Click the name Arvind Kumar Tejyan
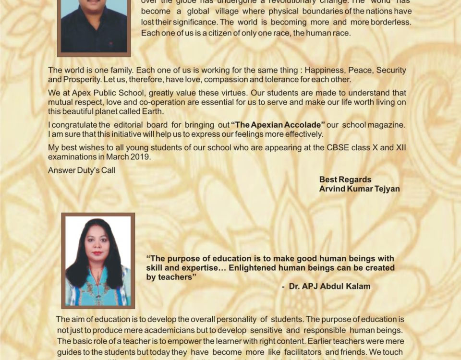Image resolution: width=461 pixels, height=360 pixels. click(359, 189)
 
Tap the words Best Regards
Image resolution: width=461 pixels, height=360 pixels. click(345, 180)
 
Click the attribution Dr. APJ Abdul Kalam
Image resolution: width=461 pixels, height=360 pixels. click(329, 287)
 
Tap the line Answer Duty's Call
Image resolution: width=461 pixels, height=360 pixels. click(82, 170)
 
